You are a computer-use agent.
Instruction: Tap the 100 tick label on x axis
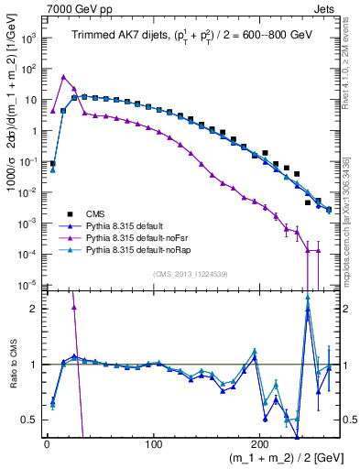point(154,444)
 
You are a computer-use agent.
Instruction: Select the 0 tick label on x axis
point(47,444)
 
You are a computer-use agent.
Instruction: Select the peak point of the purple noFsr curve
point(63,76)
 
